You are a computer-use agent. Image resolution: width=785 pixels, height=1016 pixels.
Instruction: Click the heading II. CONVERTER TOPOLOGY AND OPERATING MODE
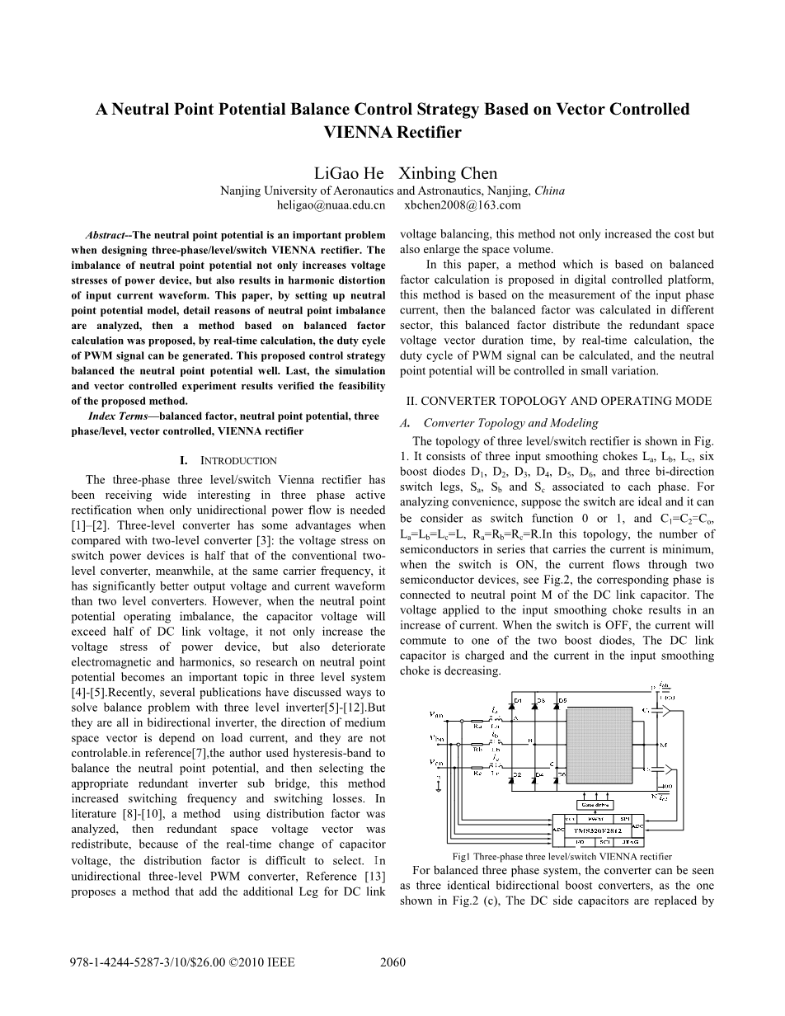click(558, 401)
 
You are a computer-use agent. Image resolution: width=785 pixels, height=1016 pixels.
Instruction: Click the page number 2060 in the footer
click(392, 962)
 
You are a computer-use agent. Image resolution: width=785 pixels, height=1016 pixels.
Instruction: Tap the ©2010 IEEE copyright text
click(261, 962)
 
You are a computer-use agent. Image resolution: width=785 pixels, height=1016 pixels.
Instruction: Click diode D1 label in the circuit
click(518, 701)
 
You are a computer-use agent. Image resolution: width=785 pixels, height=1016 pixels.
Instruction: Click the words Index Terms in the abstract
click(119, 416)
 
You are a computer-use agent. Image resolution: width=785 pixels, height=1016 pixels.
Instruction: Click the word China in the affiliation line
click(549, 190)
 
